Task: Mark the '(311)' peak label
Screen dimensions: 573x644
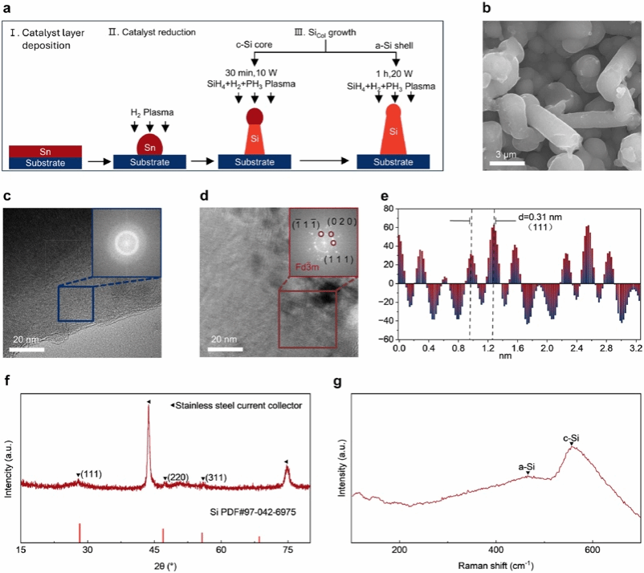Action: (x=216, y=477)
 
